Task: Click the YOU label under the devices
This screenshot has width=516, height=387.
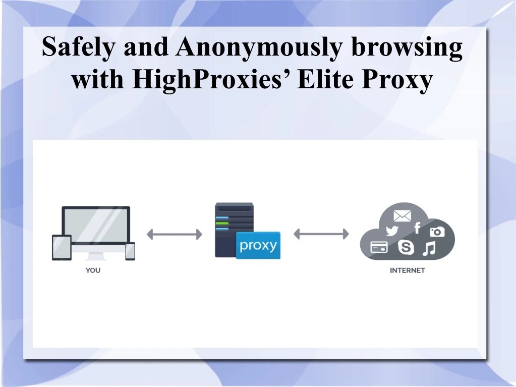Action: pyautogui.click(x=93, y=270)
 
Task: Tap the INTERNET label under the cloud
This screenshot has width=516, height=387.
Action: pyautogui.click(x=407, y=270)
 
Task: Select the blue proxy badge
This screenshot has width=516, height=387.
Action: pyautogui.click(x=258, y=245)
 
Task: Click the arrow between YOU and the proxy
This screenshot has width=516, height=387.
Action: pyautogui.click(x=175, y=234)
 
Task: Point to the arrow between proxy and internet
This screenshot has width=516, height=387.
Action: pyautogui.click(x=321, y=234)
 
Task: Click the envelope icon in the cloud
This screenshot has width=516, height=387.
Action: pyautogui.click(x=402, y=216)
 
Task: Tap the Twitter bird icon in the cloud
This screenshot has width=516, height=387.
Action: pyautogui.click(x=391, y=231)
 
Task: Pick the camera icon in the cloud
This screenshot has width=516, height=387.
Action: pyautogui.click(x=437, y=232)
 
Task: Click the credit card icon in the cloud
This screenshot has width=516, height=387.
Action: pyautogui.click(x=379, y=248)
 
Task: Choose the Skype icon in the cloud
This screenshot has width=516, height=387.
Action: pyautogui.click(x=405, y=247)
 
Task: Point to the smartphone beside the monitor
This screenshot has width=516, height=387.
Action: pyautogui.click(x=130, y=251)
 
